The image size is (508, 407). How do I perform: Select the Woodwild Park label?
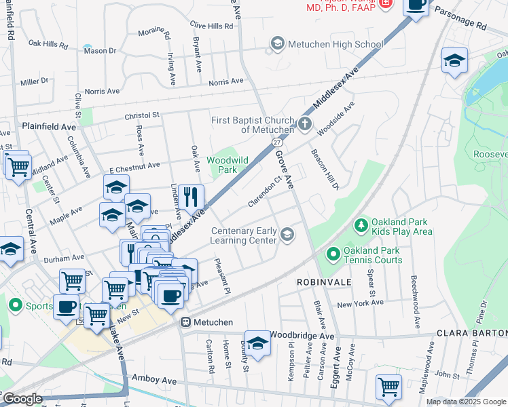pyautogui.click(x=227, y=165)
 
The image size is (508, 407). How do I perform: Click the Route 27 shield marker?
pyautogui.click(x=278, y=143)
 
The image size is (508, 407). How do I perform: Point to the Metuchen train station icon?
pyautogui.click(x=185, y=322)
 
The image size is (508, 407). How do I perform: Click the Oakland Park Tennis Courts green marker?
pyautogui.click(x=333, y=255)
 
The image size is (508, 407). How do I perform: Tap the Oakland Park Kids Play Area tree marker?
pyautogui.click(x=361, y=225)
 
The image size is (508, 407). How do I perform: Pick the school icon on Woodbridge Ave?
pyautogui.click(x=257, y=343)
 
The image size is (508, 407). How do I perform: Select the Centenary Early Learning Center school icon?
pyautogui.click(x=287, y=235)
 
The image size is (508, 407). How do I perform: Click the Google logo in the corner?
pyautogui.click(x=22, y=399)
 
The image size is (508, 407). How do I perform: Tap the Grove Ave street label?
pyautogui.click(x=284, y=170)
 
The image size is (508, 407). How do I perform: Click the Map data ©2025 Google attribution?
pyautogui.click(x=465, y=402)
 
